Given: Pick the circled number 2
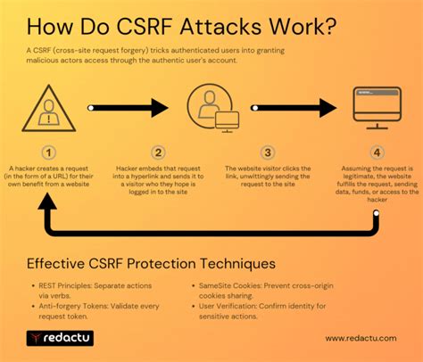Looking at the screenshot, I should (158, 152).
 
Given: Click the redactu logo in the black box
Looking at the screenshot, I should (59, 339).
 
